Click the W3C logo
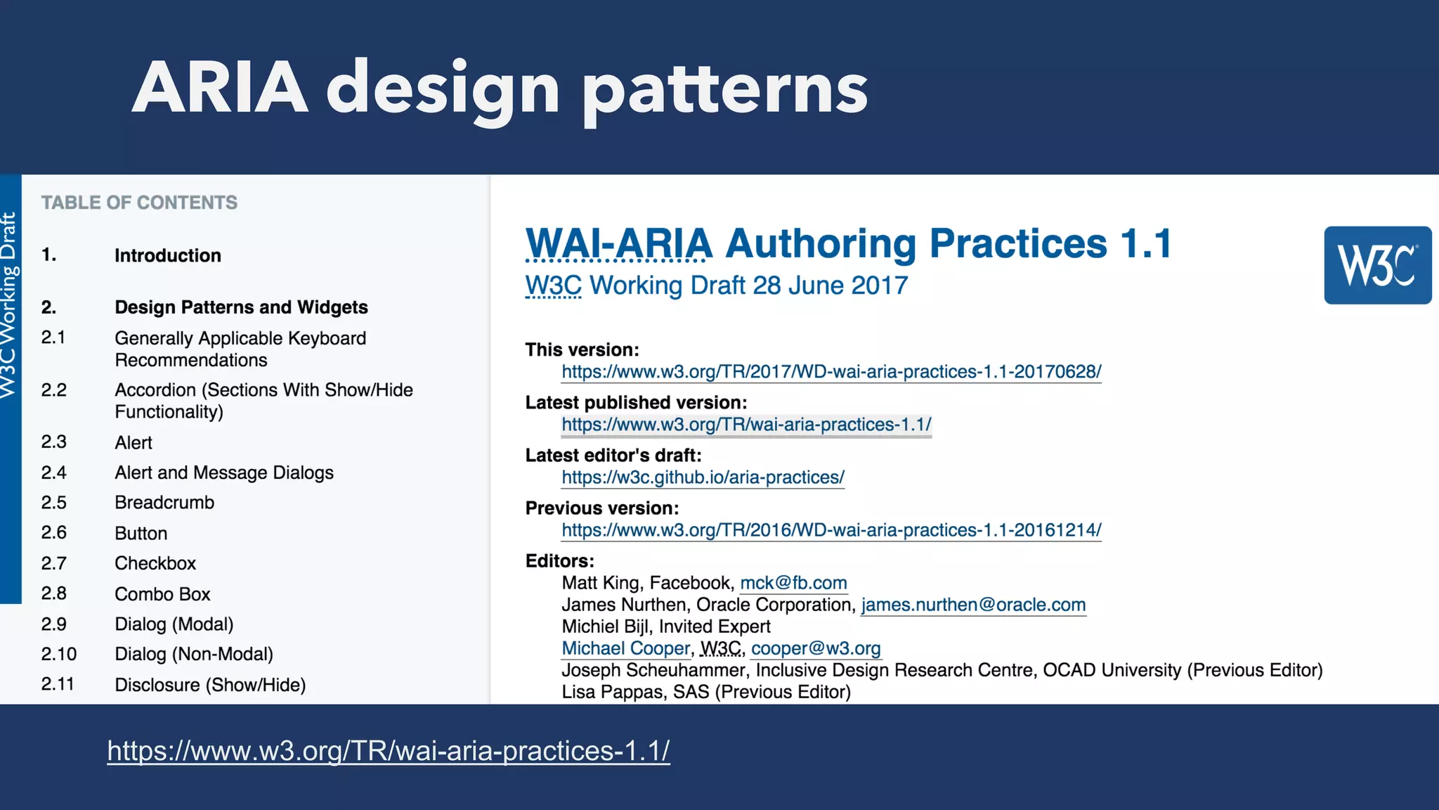coord(1377,265)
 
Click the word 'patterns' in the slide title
coord(726,90)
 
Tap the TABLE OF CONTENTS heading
coord(139,202)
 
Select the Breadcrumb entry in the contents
coord(164,503)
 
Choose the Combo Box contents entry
coord(162,594)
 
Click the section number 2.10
coord(59,654)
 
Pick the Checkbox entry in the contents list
coord(155,563)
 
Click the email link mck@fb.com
coord(793,583)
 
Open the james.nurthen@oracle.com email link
coord(973,605)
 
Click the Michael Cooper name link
coord(625,648)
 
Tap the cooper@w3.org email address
coord(816,648)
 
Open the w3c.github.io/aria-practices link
coord(703,477)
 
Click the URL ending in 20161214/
coord(831,530)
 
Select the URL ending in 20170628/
coord(831,371)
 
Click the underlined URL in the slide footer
coord(389,751)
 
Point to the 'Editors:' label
coord(559,561)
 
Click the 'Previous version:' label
coord(601,508)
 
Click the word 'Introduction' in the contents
coord(168,255)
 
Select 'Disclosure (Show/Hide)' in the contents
coord(210,685)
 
